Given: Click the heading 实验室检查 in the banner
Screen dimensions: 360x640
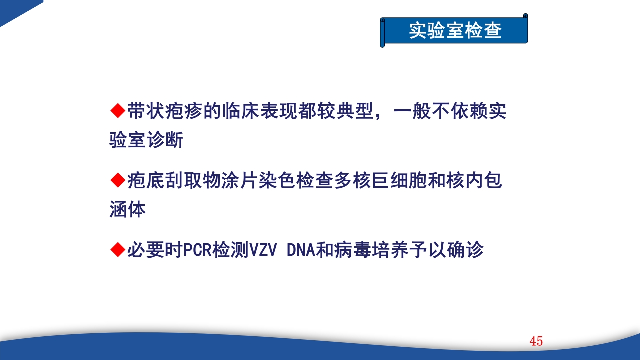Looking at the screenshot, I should [x=455, y=31].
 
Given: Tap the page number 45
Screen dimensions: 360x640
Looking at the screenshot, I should [x=536, y=342].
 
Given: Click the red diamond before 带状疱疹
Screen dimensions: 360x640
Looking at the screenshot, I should [x=117, y=111].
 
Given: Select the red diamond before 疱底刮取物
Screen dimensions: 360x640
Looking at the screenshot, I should [x=117, y=180].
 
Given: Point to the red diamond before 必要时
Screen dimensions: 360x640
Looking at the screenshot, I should [x=117, y=249].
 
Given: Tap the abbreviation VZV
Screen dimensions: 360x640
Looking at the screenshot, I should [x=263, y=250].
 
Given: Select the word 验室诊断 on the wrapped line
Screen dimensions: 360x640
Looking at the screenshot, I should [x=146, y=140].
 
